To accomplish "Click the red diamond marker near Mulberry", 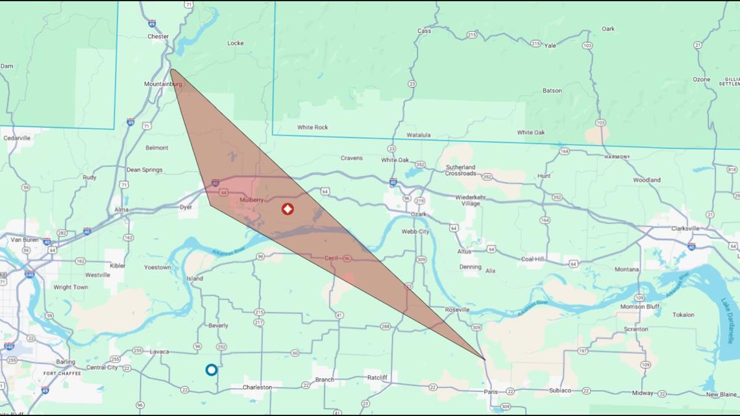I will (x=288, y=209).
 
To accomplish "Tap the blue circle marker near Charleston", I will (x=211, y=370).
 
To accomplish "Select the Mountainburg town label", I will (x=163, y=84).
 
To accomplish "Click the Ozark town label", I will (x=419, y=214).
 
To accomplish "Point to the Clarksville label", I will (x=685, y=228).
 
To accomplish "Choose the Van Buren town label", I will (x=25, y=239).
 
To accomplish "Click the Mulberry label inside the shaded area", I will (x=252, y=200).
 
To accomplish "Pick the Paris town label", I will (x=491, y=391).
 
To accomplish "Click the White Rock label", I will (x=312, y=128).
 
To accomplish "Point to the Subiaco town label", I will (x=560, y=391).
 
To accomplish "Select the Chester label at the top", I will (x=158, y=37).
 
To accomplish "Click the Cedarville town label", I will (x=17, y=138).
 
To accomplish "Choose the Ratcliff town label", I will (x=377, y=377).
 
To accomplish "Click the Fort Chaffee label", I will (x=62, y=374).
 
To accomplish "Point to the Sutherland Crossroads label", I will (x=461, y=171).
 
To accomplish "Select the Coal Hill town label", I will (x=532, y=259).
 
